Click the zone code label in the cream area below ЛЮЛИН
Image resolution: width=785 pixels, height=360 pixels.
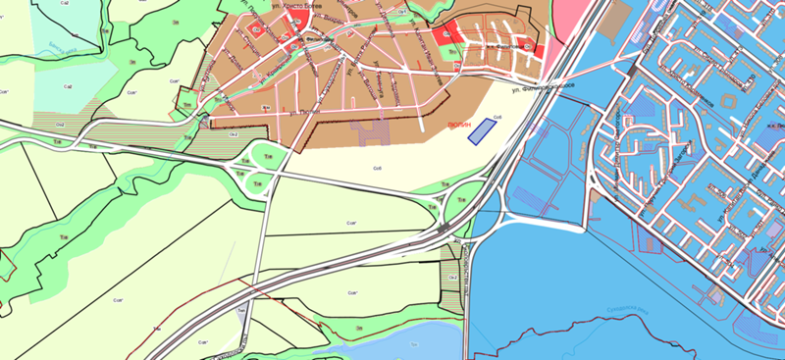(376, 170)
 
